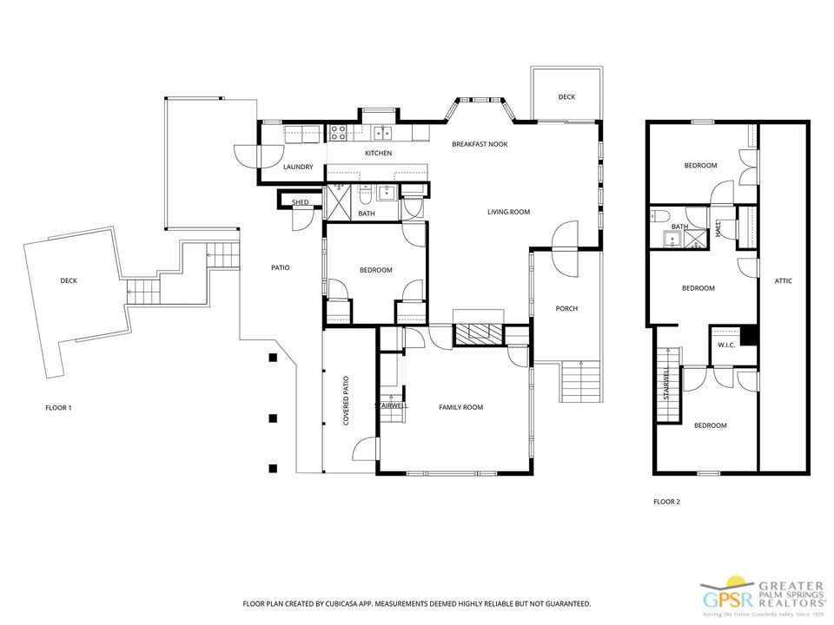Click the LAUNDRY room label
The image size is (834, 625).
[x=298, y=167]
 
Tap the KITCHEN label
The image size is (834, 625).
[x=378, y=154]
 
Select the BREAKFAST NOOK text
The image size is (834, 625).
[x=480, y=144]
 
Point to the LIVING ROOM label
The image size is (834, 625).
[x=508, y=212]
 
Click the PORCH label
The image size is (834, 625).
[x=566, y=308]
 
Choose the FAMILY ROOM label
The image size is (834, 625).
[x=460, y=407]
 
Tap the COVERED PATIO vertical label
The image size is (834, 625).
[x=346, y=400]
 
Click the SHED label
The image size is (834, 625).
[x=300, y=202]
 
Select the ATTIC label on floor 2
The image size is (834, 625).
[x=783, y=281]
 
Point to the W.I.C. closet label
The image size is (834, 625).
[x=726, y=345]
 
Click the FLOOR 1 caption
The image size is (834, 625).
[x=58, y=407]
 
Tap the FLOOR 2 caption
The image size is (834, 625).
[x=666, y=502]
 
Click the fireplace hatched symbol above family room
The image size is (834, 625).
[x=478, y=334]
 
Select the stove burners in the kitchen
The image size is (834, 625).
[x=338, y=133]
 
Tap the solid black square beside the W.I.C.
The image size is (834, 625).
[x=749, y=336]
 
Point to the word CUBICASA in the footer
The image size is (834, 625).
[x=342, y=603]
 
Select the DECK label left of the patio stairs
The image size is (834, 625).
[x=69, y=280]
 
